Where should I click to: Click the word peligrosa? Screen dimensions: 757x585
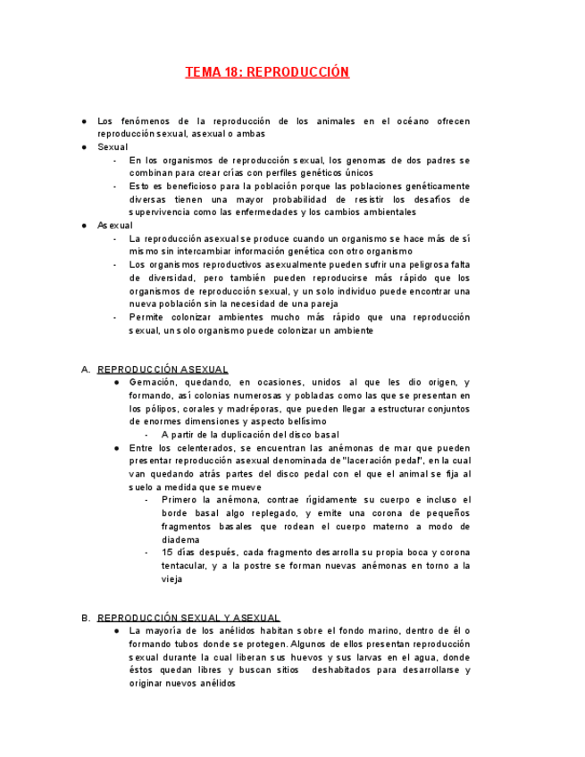[422, 265]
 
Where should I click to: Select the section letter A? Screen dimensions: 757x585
[85, 370]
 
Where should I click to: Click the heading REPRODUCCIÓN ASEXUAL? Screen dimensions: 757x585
[163, 370]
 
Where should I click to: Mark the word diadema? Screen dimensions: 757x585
[180, 540]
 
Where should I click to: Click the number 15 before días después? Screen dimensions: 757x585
[167, 553]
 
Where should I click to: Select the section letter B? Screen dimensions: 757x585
[85, 618]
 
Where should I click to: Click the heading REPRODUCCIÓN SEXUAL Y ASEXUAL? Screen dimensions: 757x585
[188, 618]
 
